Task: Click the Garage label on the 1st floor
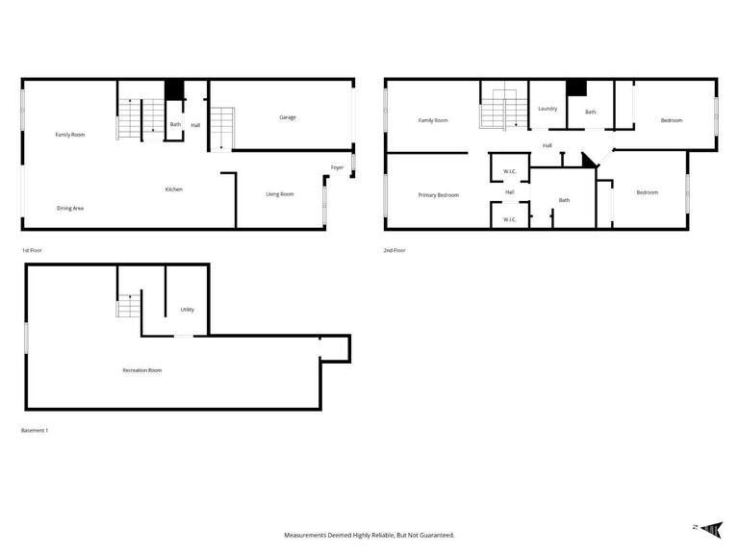click(x=288, y=117)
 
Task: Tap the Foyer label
click(x=338, y=167)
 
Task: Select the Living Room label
click(x=280, y=194)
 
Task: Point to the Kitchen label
click(x=174, y=189)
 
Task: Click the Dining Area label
click(x=70, y=208)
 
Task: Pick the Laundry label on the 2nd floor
click(x=548, y=109)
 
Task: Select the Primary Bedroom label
click(x=439, y=195)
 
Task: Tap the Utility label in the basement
click(x=188, y=310)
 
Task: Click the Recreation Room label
click(x=141, y=370)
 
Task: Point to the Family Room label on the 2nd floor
click(x=433, y=120)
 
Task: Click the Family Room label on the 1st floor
click(x=70, y=135)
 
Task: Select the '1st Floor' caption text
click(x=32, y=250)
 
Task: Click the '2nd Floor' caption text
click(x=395, y=250)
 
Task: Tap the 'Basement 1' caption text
click(x=35, y=430)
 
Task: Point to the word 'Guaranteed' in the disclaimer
click(x=433, y=535)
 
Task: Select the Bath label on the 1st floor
click(x=176, y=124)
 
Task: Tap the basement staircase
click(x=129, y=307)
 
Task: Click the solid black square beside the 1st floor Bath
click(x=174, y=89)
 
